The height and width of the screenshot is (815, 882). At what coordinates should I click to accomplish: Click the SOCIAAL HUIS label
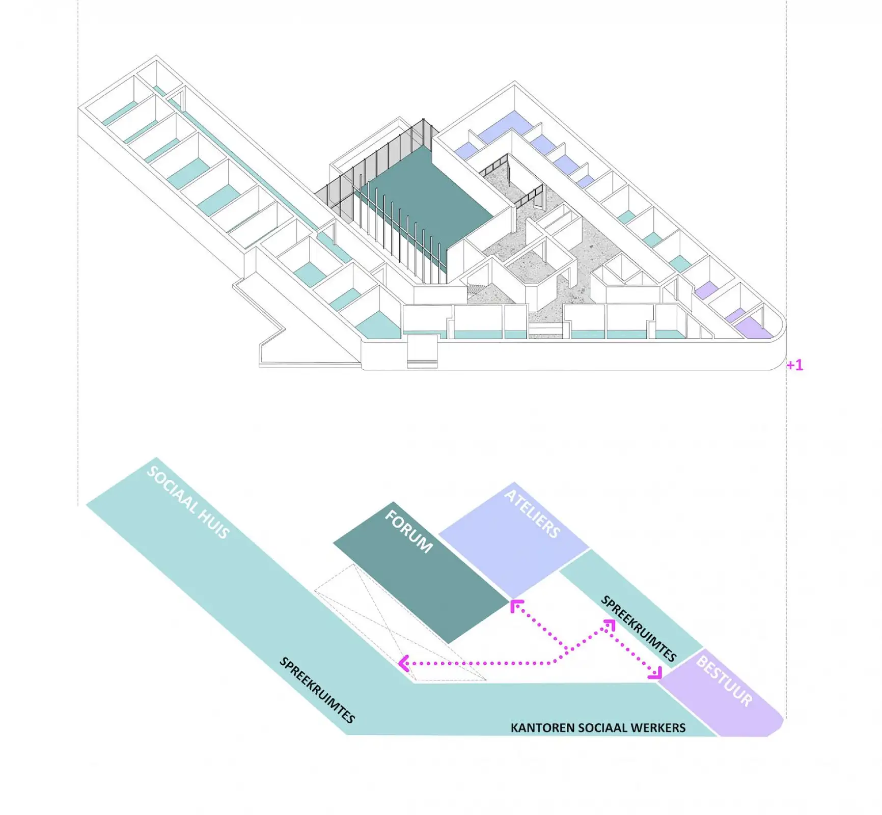tap(188, 502)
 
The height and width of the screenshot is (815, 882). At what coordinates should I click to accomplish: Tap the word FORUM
tap(408, 531)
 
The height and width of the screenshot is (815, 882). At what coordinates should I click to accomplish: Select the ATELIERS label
tap(532, 514)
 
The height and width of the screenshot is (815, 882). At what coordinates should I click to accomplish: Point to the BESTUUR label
tap(724, 681)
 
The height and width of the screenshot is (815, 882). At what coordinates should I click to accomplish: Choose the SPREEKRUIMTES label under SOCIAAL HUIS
tap(317, 690)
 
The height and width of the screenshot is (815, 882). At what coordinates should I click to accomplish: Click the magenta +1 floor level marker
tap(794, 365)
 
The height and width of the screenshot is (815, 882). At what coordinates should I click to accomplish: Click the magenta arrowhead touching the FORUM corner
tap(516, 605)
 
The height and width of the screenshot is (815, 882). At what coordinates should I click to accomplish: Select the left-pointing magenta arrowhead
tap(403, 663)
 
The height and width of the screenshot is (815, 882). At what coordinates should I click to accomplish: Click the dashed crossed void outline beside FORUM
tap(400, 622)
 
